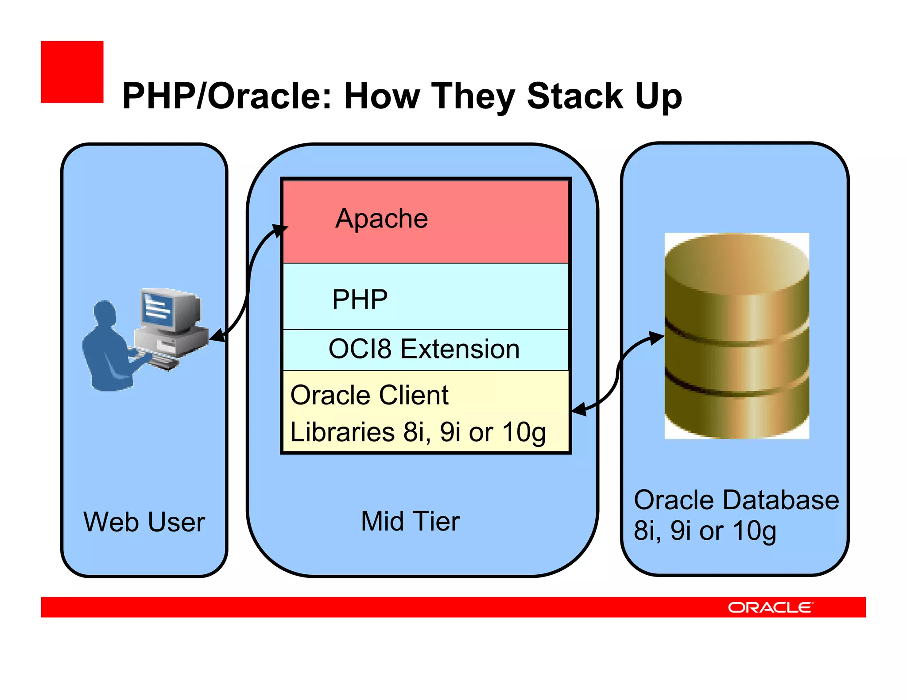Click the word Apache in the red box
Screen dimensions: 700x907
pyautogui.click(x=381, y=219)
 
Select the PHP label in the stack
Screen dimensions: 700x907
pyautogui.click(x=360, y=300)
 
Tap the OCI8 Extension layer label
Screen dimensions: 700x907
pyautogui.click(x=424, y=349)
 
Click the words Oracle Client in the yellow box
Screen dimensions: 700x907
pyautogui.click(x=369, y=395)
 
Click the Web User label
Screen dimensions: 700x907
pyautogui.click(x=144, y=522)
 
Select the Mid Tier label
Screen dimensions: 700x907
pyautogui.click(x=410, y=521)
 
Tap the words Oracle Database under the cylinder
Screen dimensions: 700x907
pyautogui.click(x=736, y=500)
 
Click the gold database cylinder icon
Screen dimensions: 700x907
pyautogui.click(x=736, y=336)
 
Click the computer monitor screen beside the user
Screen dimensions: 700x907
pyautogui.click(x=158, y=310)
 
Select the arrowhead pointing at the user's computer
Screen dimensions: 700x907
pyautogui.click(x=217, y=337)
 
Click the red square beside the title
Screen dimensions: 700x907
pyautogui.click(x=72, y=72)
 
